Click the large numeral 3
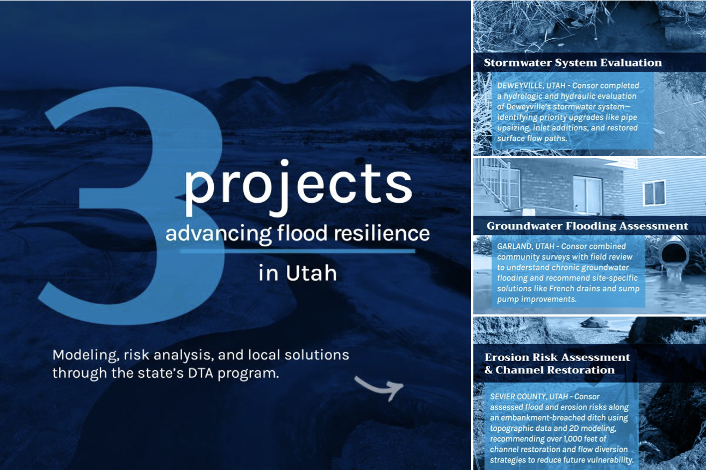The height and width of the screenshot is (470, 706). (134, 204)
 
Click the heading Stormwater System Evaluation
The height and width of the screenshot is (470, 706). (573, 63)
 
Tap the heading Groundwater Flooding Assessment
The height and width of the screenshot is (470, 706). (587, 226)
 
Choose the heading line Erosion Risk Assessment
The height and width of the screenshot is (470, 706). (557, 357)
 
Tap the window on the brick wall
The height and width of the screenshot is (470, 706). (587, 195)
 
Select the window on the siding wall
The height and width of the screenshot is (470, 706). (654, 193)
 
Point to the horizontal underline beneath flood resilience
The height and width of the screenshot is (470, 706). (297, 251)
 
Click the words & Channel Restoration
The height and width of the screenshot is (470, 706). (550, 370)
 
